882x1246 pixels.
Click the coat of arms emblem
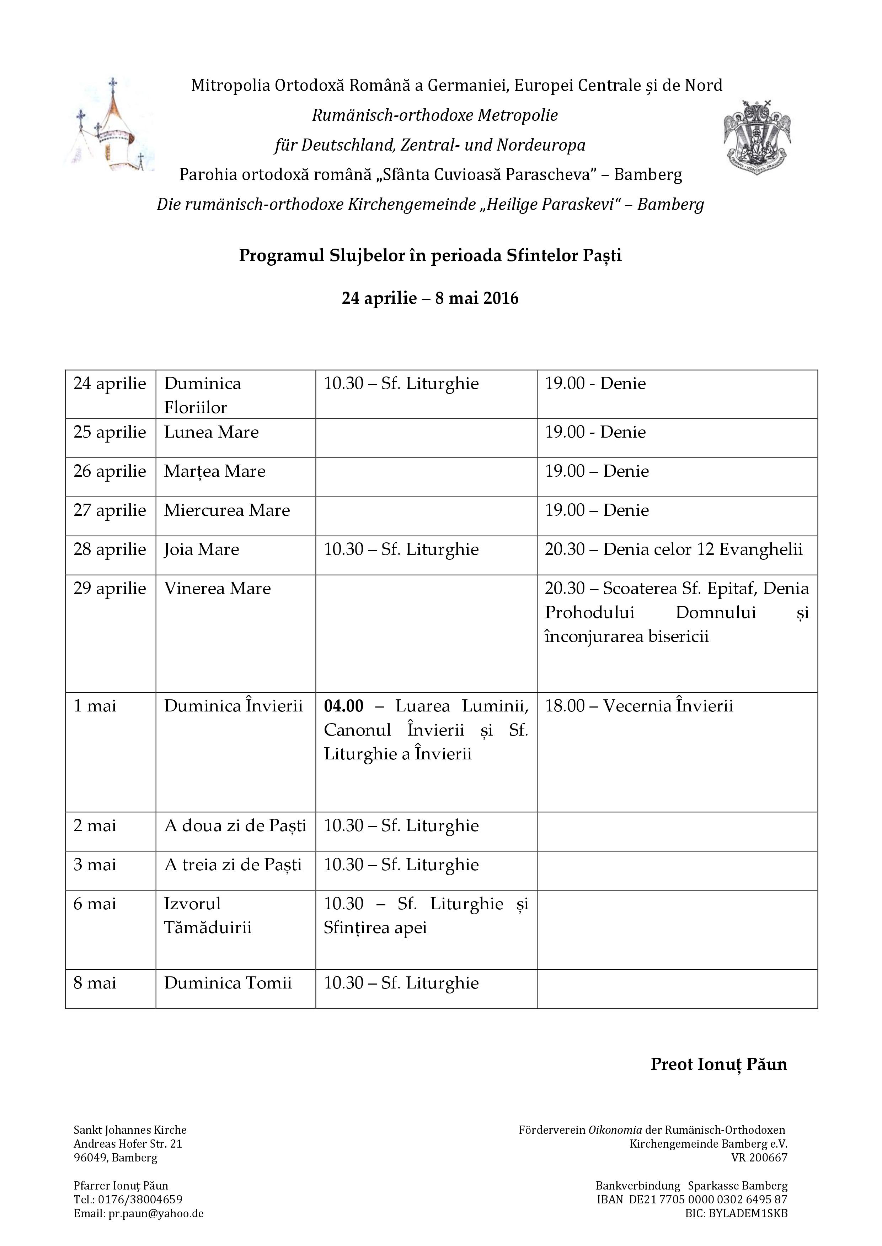coord(757,133)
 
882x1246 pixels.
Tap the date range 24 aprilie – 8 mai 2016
coord(430,298)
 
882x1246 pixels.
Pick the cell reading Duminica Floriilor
coord(203,395)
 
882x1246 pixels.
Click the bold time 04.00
coord(343,706)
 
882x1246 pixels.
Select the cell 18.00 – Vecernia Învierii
coord(639,706)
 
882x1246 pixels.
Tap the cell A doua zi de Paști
coord(235,826)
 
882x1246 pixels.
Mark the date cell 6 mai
coord(95,904)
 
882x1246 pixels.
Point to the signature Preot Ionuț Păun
coord(718,1064)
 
